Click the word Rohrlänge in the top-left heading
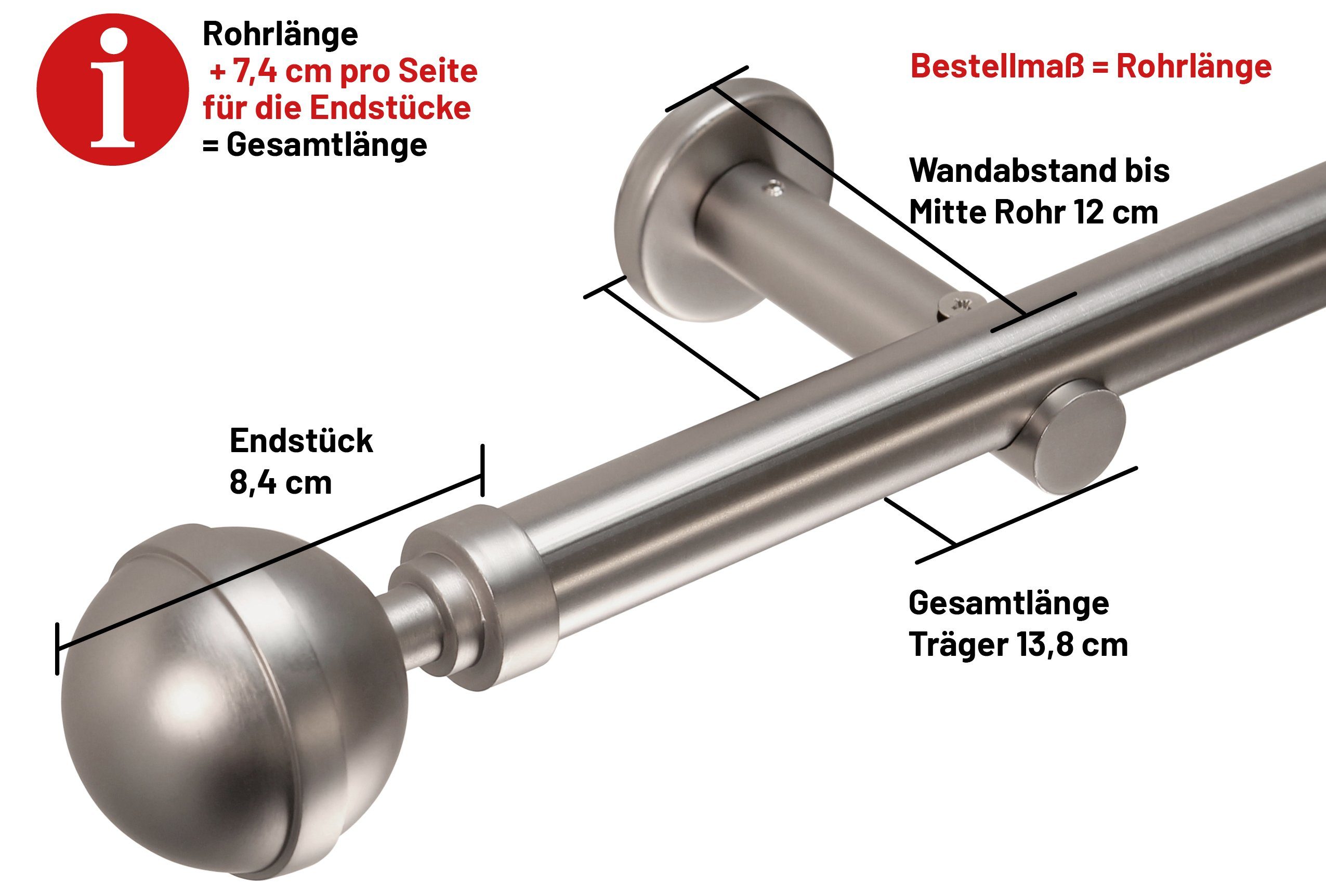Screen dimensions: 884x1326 click(280, 34)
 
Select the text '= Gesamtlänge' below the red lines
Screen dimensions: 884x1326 click(314, 145)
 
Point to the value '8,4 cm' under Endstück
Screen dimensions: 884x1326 click(280, 483)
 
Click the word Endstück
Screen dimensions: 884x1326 click(301, 441)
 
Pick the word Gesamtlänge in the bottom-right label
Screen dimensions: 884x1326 click(1008, 603)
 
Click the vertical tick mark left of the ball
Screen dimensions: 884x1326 click(57, 649)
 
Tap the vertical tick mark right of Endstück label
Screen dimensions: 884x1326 click(482, 470)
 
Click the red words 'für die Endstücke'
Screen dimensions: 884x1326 click(337, 108)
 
